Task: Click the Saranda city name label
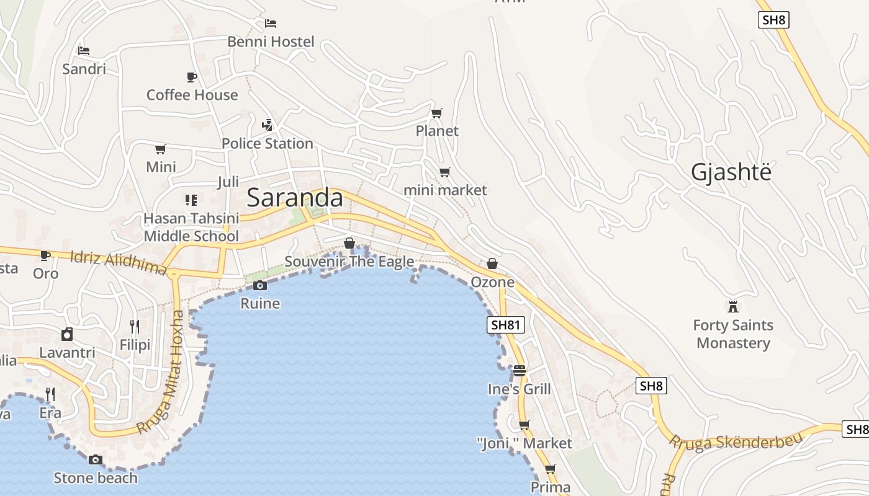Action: click(295, 198)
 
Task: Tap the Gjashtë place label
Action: click(731, 172)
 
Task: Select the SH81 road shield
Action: click(507, 324)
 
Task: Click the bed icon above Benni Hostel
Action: click(271, 24)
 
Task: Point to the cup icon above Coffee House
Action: click(192, 77)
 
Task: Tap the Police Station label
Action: click(267, 143)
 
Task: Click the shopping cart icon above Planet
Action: click(437, 113)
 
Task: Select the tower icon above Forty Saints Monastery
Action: click(733, 306)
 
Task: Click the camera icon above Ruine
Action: click(260, 285)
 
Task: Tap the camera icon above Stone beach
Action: click(95, 459)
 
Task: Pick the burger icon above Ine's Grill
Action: click(520, 371)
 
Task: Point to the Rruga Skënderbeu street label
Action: click(735, 441)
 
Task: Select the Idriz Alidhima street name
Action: click(118, 262)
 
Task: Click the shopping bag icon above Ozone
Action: click(492, 263)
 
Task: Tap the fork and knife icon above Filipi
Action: click(135, 326)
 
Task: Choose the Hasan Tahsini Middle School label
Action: click(191, 227)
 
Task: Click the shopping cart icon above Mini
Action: click(161, 149)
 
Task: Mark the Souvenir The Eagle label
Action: click(349, 262)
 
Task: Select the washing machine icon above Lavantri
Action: click(67, 334)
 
